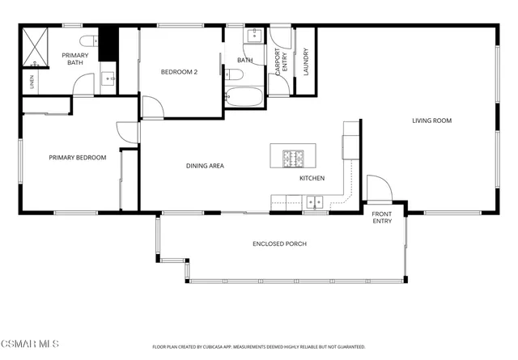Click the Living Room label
click(431, 121)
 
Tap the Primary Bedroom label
click(78, 158)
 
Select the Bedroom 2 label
click(180, 72)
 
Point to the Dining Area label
click(205, 166)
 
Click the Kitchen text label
click(312, 178)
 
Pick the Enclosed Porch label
click(279, 244)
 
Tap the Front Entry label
click(382, 218)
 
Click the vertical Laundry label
click(306, 63)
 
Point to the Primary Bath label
click(74, 57)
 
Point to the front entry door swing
click(378, 188)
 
